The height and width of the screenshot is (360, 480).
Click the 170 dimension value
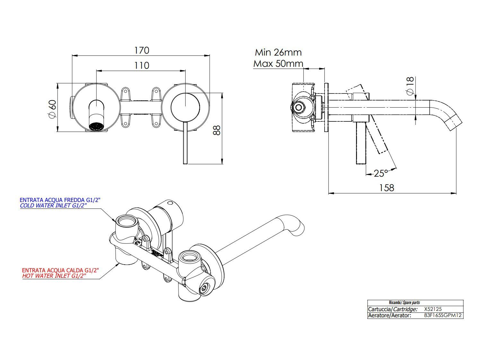[x=142, y=50]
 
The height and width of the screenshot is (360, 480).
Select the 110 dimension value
[x=142, y=66]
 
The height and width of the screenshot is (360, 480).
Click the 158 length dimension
[x=387, y=188]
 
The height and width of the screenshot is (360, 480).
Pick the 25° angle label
[x=381, y=173]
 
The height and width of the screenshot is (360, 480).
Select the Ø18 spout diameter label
[x=410, y=86]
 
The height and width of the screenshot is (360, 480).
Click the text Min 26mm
[x=278, y=52]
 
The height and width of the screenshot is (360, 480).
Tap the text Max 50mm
[x=278, y=64]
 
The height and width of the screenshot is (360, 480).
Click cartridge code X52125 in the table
[x=433, y=309]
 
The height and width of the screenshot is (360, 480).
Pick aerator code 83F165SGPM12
[x=443, y=315]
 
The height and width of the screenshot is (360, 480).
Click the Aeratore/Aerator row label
[x=389, y=315]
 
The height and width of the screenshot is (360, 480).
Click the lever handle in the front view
[x=185, y=143]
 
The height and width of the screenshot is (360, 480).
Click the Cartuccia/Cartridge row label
[x=393, y=309]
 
